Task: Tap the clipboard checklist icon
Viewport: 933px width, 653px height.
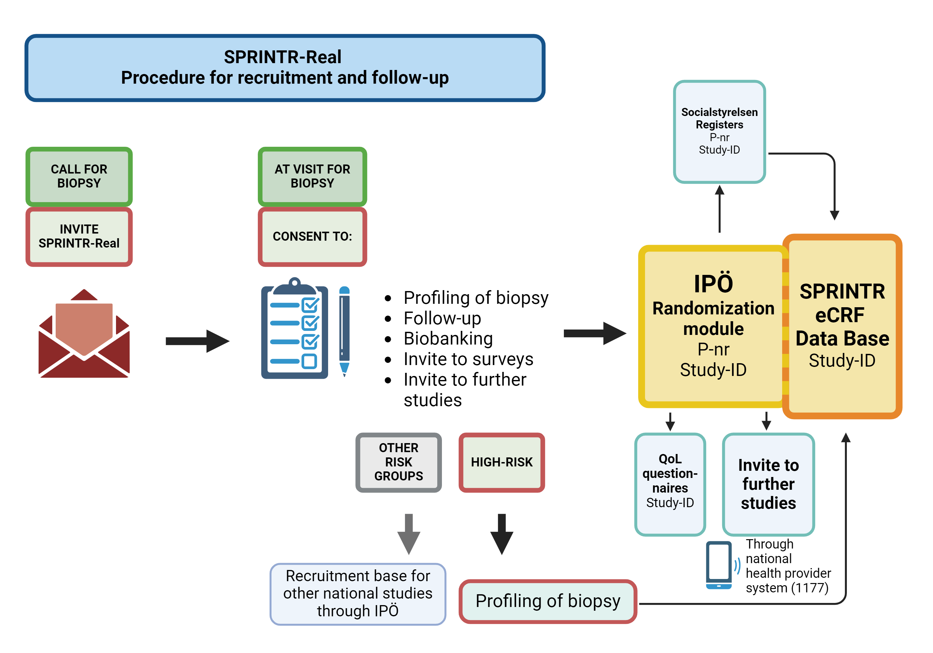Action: [x=295, y=329]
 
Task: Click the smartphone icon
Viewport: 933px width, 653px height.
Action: [x=718, y=565]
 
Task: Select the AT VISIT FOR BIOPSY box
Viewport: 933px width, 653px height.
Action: [x=312, y=176]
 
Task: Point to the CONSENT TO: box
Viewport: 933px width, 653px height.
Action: [x=312, y=237]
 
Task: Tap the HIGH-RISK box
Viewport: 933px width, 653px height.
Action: [x=501, y=462]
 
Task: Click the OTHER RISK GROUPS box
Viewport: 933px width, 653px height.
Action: [x=398, y=462]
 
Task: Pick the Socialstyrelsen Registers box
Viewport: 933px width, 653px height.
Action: [x=719, y=131]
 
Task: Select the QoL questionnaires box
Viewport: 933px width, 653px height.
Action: [x=670, y=484]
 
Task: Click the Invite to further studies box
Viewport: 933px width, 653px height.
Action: [x=768, y=484]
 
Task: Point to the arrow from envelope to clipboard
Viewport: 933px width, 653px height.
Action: [x=197, y=341]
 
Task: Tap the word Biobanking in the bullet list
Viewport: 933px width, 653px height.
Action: [x=448, y=339]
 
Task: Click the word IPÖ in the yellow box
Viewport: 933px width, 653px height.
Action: [x=713, y=284]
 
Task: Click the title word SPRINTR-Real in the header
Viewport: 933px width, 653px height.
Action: [x=282, y=57]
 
